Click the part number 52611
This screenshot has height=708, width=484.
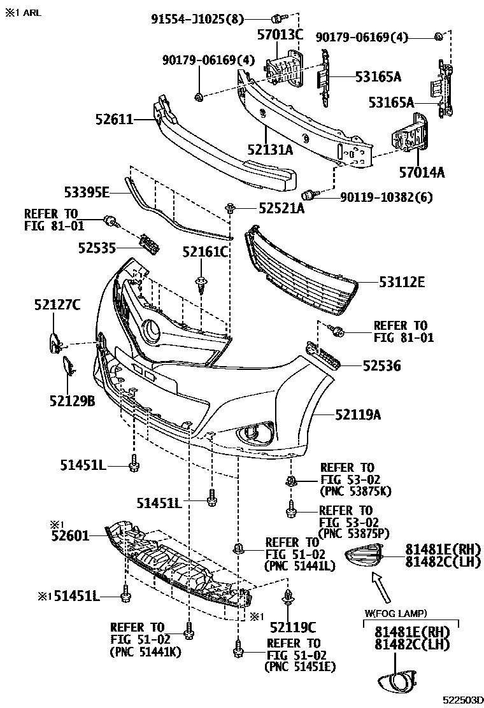click(115, 118)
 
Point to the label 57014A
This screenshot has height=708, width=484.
click(422, 171)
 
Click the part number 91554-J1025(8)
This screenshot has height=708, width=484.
click(197, 19)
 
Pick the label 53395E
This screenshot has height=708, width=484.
click(87, 191)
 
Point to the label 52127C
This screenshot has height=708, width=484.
click(57, 306)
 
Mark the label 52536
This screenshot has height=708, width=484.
click(382, 365)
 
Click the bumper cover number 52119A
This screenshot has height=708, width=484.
click(358, 416)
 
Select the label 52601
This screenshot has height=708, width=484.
click(70, 535)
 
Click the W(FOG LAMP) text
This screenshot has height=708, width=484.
click(395, 613)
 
